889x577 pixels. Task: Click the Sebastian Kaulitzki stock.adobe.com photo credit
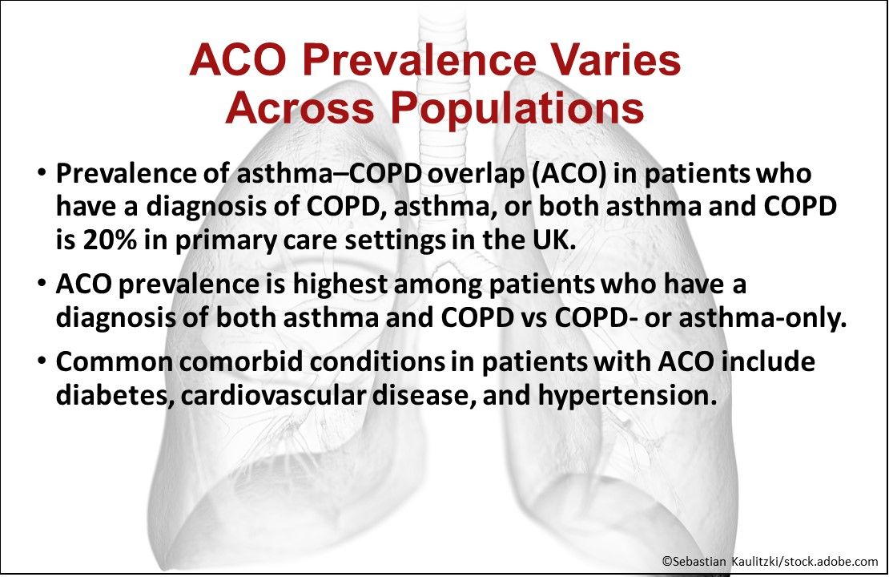click(x=770, y=562)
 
